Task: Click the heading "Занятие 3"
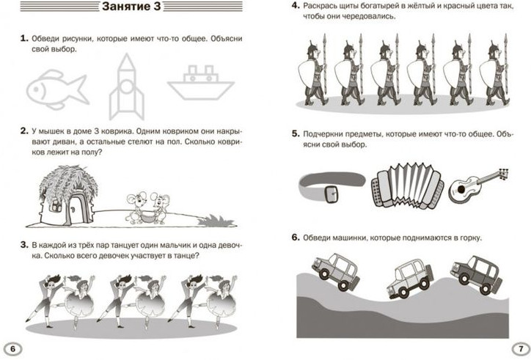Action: tap(131, 7)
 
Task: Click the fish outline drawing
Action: tap(57, 89)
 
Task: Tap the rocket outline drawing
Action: tap(127, 87)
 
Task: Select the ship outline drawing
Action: tap(201, 83)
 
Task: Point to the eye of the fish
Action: tap(35, 89)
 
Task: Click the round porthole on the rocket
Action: tap(127, 87)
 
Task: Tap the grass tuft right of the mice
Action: tap(216, 221)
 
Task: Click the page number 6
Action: tap(13, 349)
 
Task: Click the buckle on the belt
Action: tap(332, 194)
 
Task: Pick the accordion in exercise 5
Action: tap(407, 185)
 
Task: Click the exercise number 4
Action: tap(296, 6)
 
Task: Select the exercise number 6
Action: tap(296, 238)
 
